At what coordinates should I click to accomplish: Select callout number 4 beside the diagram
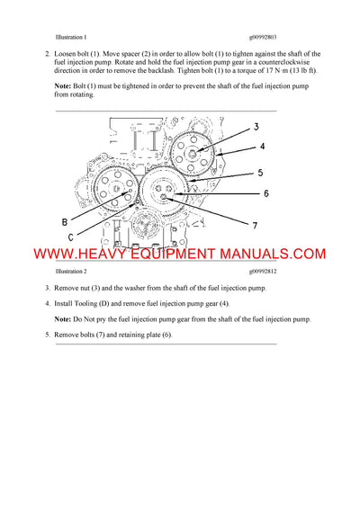pos(262,146)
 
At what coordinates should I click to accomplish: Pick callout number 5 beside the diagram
pos(259,173)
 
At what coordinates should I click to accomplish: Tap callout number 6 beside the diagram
pos(265,193)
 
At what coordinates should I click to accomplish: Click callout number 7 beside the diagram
pos(255,225)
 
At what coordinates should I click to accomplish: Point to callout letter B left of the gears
pos(64,221)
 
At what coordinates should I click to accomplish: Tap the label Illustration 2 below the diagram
pos(71,271)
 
